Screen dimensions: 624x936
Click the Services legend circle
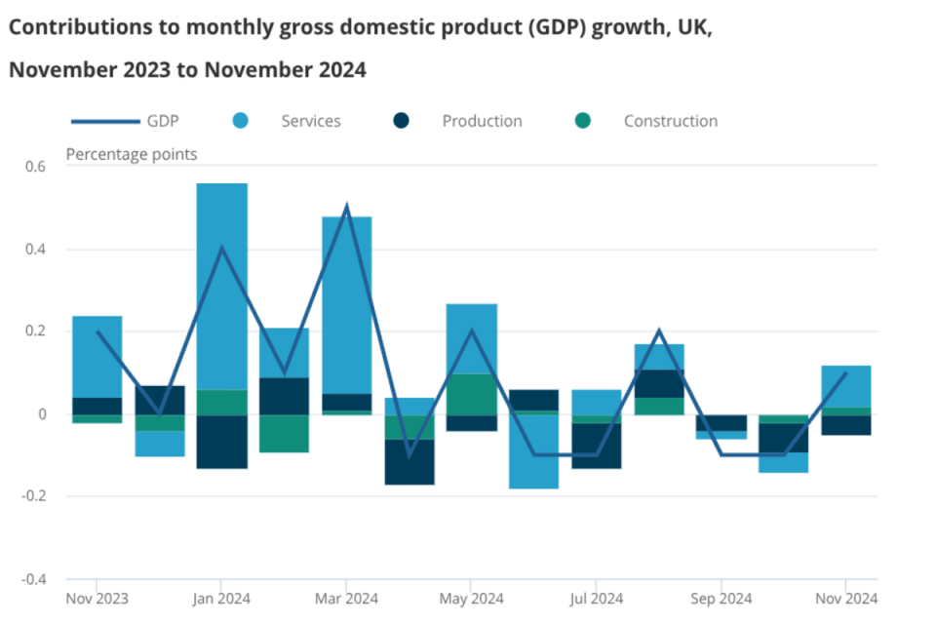tap(241, 121)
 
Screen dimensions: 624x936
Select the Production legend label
tap(482, 121)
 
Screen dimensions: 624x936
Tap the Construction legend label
tap(671, 121)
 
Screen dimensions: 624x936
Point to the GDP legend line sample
tap(104, 121)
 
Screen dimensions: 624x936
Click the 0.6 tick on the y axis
tap(35, 167)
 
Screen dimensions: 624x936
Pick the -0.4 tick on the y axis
tap(33, 579)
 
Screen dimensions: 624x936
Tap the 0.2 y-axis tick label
tap(35, 331)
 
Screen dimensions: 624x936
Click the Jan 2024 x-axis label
tap(221, 598)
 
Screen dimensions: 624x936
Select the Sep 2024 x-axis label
tap(721, 598)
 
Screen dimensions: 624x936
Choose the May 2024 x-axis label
tap(471, 598)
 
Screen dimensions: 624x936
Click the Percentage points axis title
tap(132, 154)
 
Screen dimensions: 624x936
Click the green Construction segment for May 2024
tap(471, 394)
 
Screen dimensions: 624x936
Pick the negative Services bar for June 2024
tap(533, 451)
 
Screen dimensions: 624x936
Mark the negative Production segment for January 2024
tap(221, 442)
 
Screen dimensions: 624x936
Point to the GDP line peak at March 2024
tap(346, 208)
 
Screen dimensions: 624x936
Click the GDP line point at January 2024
tap(221, 249)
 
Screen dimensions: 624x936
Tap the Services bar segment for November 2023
tap(97, 357)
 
